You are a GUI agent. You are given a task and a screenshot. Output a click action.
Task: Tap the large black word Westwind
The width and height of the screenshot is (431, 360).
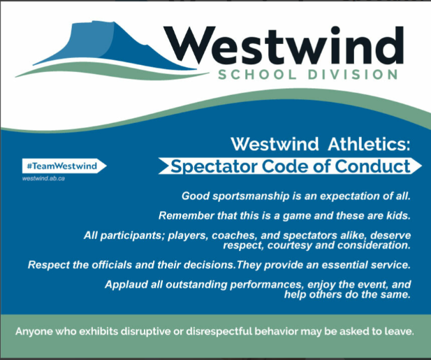tap(284, 45)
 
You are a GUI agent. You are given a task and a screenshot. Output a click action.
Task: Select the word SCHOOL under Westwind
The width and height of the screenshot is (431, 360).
tap(257, 75)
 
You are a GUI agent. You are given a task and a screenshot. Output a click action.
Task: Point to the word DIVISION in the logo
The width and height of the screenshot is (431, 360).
tap(353, 75)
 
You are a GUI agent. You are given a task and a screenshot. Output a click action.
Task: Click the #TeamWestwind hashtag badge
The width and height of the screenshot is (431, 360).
tap(64, 166)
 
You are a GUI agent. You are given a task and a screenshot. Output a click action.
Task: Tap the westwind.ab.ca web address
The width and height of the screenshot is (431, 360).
tap(43, 178)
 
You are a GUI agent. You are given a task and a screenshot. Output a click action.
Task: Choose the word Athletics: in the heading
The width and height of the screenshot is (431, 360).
tap(369, 144)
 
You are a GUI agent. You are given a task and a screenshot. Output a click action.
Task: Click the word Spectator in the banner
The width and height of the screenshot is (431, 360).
tap(214, 166)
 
